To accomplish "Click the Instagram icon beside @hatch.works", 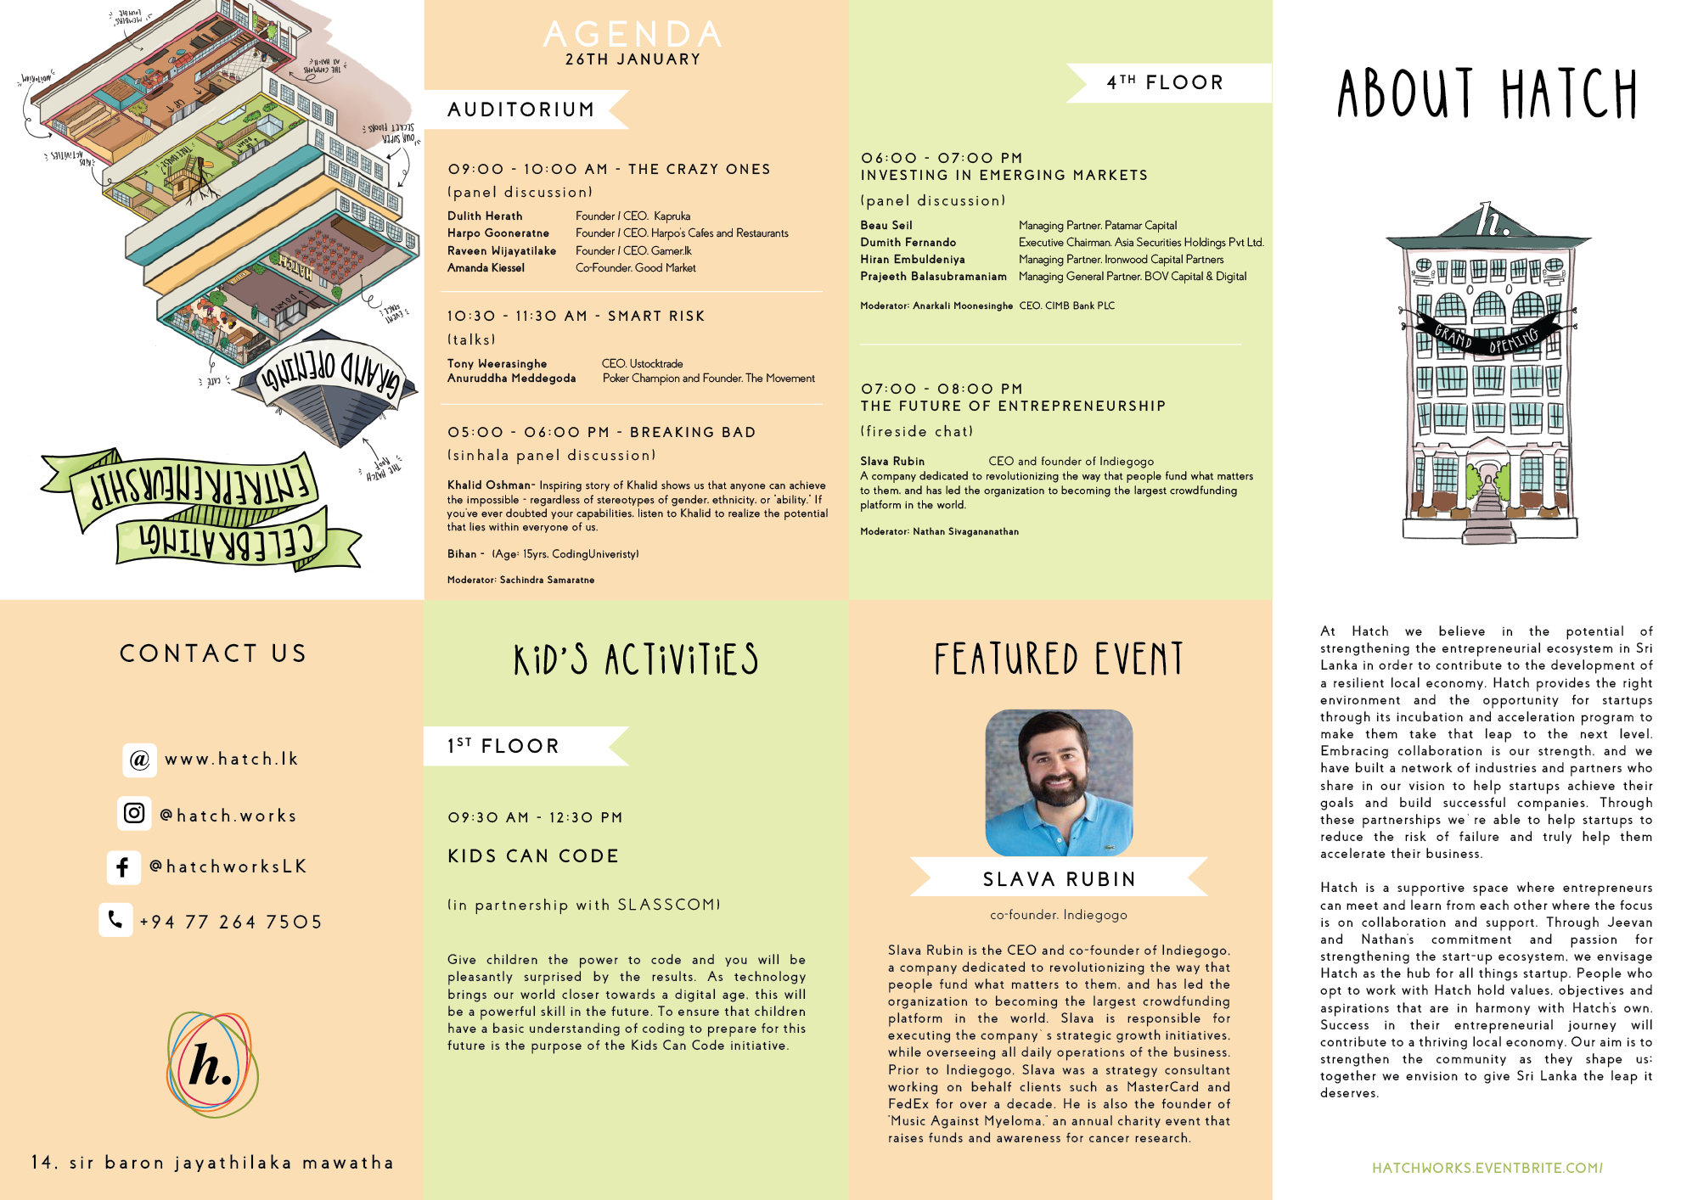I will pos(134,813).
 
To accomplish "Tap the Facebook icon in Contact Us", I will pos(123,866).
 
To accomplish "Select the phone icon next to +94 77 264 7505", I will pos(115,919).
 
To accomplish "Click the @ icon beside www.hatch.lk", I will pos(139,760).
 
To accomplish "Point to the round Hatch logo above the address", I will pos(212,1064).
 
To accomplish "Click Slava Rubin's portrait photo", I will pos(1059,782).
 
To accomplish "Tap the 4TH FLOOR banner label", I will pos(1165,82).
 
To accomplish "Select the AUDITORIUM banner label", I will pos(520,109).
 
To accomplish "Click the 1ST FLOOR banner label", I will pos(503,746).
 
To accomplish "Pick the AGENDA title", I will pos(633,34).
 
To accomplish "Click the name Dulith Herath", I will pos(485,216).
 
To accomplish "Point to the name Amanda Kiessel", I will pos(486,268).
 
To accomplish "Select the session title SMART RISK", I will pos(656,316).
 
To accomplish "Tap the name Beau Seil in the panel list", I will pos(886,226).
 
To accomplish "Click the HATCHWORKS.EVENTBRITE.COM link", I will pos(1487,1168).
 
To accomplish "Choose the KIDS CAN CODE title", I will pos(533,856).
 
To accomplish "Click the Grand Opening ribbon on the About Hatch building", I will pos(1487,337).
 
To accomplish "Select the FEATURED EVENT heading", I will pos(1059,659).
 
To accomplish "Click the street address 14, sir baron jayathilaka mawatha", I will pos(212,1163).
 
